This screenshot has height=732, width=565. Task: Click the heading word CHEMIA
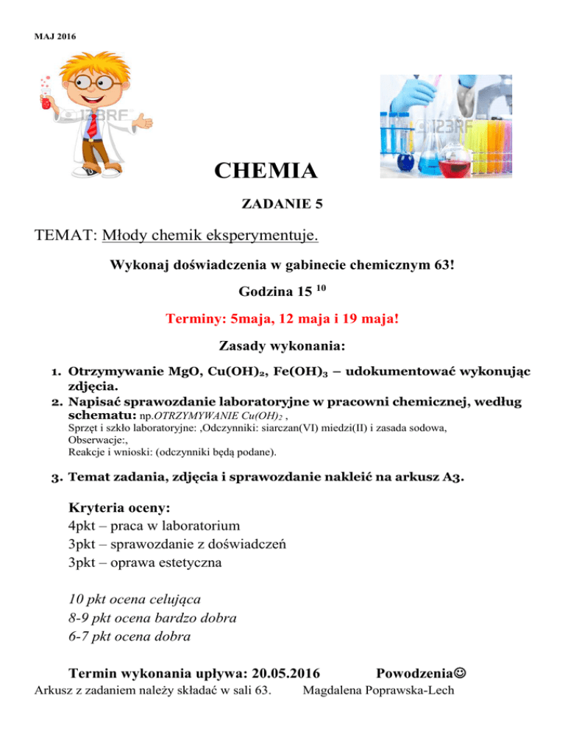click(266, 172)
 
